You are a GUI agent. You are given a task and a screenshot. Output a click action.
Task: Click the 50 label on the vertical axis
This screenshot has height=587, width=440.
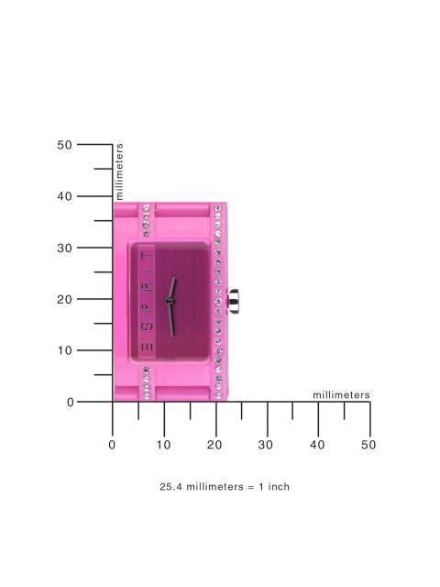click(64, 145)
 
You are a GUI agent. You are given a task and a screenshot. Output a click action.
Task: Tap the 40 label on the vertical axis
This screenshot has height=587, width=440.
click(64, 196)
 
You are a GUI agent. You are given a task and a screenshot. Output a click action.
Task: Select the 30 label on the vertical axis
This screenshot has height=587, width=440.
click(64, 248)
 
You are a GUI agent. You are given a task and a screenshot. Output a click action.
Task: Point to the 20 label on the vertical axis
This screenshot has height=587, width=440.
click(64, 299)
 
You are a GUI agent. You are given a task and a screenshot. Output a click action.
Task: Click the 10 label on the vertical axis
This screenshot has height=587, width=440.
click(64, 350)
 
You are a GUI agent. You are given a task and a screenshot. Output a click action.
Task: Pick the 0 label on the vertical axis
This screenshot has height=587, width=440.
click(71, 402)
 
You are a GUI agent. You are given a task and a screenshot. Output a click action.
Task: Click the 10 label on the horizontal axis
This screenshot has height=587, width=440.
click(163, 445)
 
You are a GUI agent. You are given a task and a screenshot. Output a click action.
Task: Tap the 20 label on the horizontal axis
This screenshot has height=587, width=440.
click(214, 445)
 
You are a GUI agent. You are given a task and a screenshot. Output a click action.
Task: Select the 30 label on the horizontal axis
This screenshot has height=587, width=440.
click(266, 445)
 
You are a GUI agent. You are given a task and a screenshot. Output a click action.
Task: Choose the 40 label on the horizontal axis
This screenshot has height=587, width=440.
click(317, 445)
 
